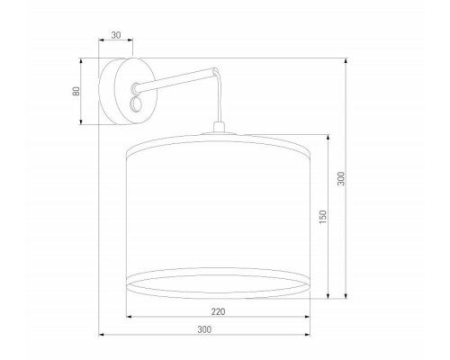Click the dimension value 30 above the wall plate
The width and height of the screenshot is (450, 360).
point(115,36)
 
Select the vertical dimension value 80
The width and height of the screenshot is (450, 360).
point(76,91)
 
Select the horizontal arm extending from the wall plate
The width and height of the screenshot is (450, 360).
point(175,78)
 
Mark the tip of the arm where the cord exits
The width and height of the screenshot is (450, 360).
point(213,69)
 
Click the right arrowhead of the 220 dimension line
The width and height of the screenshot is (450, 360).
point(310,317)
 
